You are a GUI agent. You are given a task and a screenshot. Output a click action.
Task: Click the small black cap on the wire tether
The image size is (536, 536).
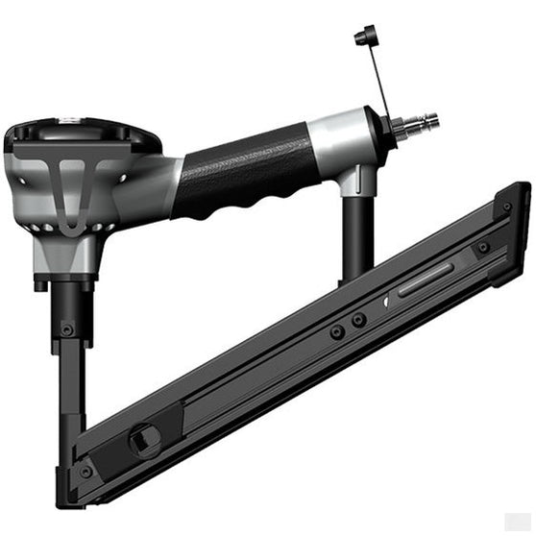pyautogui.click(x=363, y=37)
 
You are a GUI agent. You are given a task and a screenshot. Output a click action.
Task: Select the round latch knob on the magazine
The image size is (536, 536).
pyautogui.click(x=143, y=439)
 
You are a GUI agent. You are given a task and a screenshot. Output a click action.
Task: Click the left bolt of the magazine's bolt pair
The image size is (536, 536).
pyautogui.click(x=337, y=331)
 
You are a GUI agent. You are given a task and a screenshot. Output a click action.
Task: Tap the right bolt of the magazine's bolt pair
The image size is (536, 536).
pyautogui.click(x=358, y=320)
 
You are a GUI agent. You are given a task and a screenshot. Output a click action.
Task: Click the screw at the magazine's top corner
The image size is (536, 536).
pyautogui.click(x=506, y=206)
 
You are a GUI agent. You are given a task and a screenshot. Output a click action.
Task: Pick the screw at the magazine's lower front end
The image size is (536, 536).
pyautogui.click(x=86, y=471)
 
